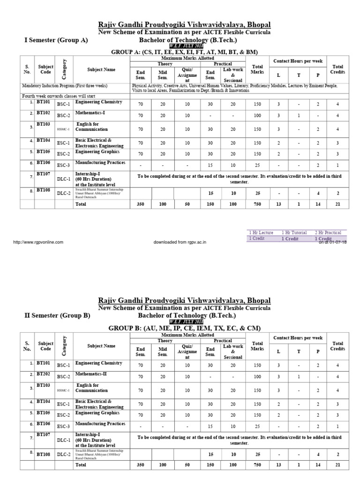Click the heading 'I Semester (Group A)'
pos(56,40)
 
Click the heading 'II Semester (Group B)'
pos(57,315)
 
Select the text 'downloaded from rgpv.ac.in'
pos(180,242)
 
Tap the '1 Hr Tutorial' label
pos(294,232)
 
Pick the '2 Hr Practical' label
pos(328,232)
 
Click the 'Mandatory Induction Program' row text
pos(65,86)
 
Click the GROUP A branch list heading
pos(184,52)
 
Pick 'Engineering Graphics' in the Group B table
pos(97,413)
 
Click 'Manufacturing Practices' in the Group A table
pos(100,162)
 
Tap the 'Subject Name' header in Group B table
pos(101,346)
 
